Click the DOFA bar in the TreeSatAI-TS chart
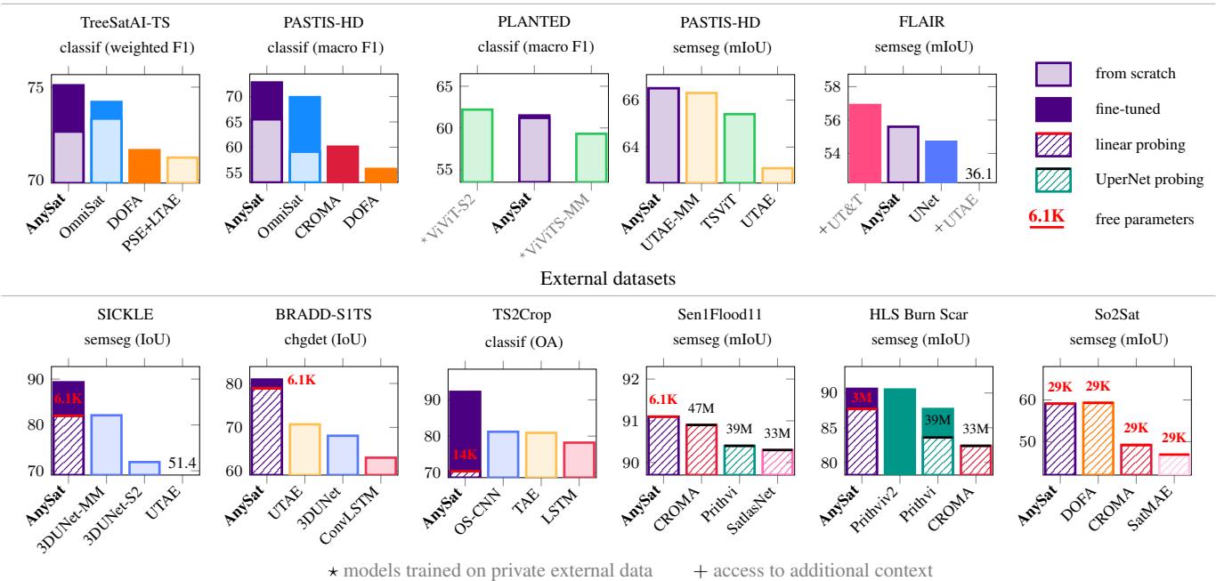142,165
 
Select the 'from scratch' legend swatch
1059,73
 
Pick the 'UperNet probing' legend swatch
1059,179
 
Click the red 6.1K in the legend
1058,214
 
